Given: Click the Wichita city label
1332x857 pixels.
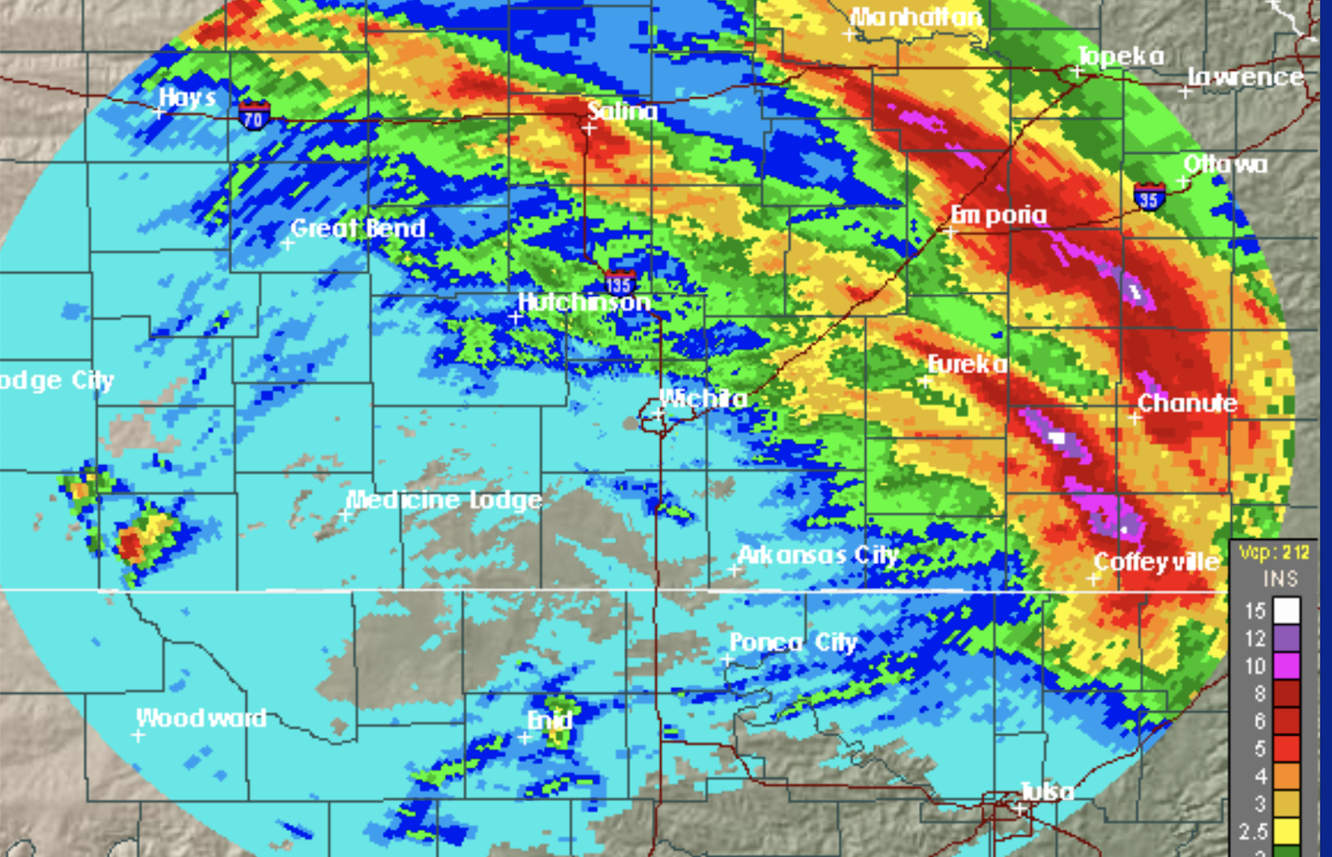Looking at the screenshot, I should click(x=703, y=399).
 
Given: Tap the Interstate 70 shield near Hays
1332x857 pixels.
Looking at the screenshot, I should click(x=254, y=116).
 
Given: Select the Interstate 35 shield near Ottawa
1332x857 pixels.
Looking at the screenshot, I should click(x=1148, y=198).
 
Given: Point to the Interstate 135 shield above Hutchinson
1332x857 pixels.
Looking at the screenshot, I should click(x=619, y=282).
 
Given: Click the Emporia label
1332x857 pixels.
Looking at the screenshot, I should click(x=998, y=215).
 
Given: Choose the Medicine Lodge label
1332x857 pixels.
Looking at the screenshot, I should click(x=444, y=499).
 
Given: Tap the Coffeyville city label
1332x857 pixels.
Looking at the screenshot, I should click(x=1156, y=562).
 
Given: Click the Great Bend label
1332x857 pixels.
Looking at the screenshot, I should click(x=358, y=228).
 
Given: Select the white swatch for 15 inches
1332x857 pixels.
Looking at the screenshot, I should click(x=1286, y=611).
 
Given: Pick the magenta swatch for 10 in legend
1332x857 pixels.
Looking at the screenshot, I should click(x=1286, y=666).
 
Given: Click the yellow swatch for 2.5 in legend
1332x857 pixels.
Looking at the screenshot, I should click(x=1286, y=830).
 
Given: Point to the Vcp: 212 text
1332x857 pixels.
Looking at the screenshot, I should click(x=1274, y=552).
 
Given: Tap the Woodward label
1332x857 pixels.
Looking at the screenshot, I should click(x=201, y=717).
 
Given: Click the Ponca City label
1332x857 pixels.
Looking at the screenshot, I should click(x=793, y=642).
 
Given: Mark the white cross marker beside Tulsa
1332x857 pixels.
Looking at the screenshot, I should click(x=1019, y=808).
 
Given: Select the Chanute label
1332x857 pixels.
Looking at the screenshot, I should click(x=1187, y=403).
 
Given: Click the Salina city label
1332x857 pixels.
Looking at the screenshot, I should click(x=622, y=111).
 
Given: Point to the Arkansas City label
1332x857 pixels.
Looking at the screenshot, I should click(x=818, y=554).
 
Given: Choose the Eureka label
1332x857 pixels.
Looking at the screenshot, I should click(x=967, y=364).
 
